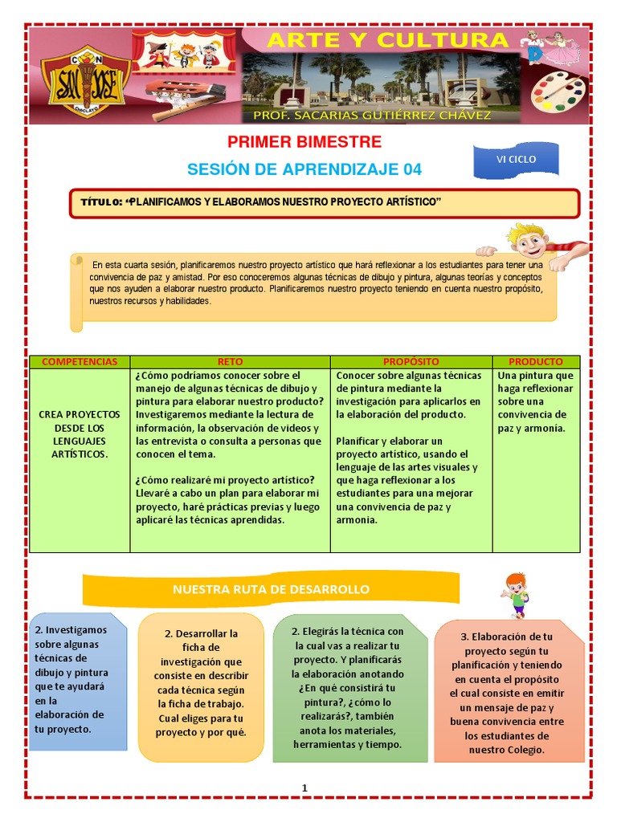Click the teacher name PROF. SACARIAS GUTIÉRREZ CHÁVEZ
(x=372, y=116)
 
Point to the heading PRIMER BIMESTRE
(x=304, y=143)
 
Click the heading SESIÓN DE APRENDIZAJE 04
(x=304, y=169)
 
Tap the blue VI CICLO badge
(x=515, y=160)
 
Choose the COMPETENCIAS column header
(x=80, y=362)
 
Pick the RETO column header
(x=230, y=362)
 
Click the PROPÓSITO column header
(x=411, y=362)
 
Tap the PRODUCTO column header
(x=536, y=362)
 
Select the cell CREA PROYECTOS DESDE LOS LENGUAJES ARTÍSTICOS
(x=80, y=434)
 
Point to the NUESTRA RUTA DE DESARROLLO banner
(x=271, y=589)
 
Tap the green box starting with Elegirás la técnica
(x=349, y=687)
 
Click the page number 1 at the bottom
(x=305, y=788)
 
